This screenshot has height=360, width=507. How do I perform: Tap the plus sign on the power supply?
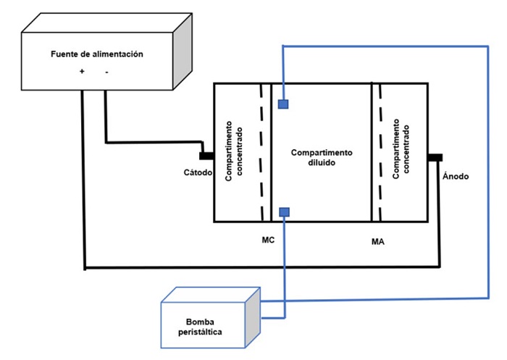point(82,72)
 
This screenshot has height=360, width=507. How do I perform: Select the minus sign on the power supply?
point(106,72)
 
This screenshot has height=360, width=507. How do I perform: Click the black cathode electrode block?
point(206,154)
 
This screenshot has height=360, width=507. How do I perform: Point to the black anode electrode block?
point(435,158)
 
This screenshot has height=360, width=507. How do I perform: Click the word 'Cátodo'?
point(196,172)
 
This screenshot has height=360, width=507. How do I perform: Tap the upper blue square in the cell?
point(284,104)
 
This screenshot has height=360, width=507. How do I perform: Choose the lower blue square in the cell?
point(284,212)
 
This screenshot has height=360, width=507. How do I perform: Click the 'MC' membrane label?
point(267,237)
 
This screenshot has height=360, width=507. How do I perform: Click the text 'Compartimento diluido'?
point(321,157)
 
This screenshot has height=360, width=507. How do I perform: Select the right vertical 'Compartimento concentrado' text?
point(400,151)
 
